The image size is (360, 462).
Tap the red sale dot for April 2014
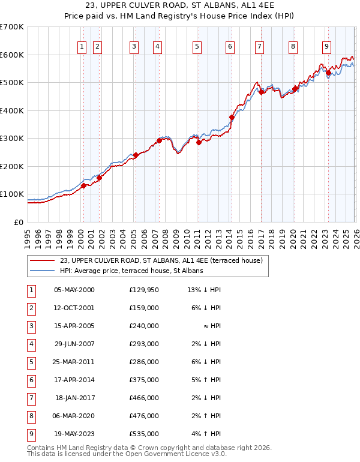tap(232, 118)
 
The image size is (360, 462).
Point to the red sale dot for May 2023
tap(328, 73)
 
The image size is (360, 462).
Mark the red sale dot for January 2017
tap(261, 92)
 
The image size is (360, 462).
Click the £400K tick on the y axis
tap(11, 110)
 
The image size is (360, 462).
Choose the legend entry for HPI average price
tap(131, 271)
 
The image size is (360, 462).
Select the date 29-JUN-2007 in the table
tap(74, 344)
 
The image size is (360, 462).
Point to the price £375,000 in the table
tap(143, 380)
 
